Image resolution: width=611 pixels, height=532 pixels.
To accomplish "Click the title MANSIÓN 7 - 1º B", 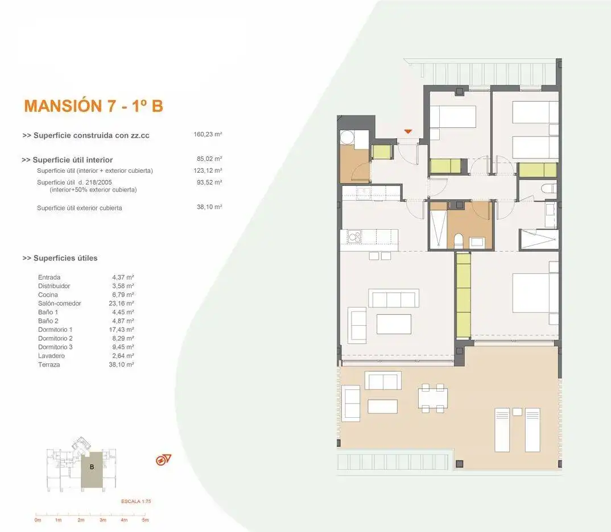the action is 93,106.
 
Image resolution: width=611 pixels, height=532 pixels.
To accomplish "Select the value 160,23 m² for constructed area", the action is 208,134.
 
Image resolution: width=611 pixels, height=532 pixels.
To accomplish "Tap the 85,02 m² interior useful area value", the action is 209,159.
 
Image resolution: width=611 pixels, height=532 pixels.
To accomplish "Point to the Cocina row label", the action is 48,294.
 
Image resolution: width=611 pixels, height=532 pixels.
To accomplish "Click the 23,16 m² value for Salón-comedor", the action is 121,303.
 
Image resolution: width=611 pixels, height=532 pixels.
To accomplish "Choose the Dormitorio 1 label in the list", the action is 55,330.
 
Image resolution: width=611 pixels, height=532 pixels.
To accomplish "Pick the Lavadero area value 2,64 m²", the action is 123,356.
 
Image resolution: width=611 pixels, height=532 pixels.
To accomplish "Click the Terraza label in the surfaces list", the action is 49,365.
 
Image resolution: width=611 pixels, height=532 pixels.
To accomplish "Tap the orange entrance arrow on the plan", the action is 408,131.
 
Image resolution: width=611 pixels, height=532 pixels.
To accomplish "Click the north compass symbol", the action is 163,460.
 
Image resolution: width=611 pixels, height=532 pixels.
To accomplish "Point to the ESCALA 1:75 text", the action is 136,501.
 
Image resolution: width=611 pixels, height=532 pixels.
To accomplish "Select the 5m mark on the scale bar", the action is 145,520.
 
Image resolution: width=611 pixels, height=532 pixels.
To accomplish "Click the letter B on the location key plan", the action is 92,467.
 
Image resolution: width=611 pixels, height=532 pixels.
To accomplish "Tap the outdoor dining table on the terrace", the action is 432,398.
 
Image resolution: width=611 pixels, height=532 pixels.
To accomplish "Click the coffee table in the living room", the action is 394,324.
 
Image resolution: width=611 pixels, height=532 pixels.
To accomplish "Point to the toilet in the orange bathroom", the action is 459,241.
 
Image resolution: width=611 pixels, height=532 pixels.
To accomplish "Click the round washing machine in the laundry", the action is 347,138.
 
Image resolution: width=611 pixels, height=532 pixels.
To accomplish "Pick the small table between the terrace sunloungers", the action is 517,412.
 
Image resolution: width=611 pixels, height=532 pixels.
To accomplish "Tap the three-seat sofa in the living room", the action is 394,298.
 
